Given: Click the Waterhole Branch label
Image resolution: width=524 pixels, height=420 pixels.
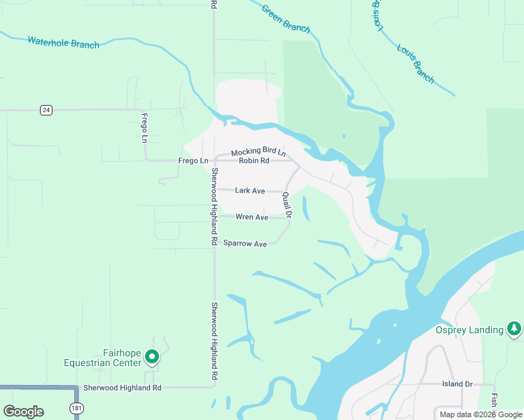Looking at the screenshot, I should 63,43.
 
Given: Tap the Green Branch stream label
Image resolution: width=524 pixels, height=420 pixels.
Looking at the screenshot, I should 285,18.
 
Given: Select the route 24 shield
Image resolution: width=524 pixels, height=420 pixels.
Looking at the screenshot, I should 46,110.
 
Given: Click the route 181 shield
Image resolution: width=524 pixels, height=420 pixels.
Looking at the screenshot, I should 76,408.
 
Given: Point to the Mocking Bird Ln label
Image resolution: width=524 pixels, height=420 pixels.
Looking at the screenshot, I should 258,151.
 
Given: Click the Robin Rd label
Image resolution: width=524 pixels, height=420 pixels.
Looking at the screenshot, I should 254,160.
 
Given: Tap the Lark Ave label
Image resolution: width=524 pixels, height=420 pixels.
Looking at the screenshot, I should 249,190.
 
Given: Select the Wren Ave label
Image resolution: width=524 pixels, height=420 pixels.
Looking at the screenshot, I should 251,217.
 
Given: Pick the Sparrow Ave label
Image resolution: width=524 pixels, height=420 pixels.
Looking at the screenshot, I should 245,244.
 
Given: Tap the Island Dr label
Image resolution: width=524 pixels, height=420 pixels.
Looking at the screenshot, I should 457,384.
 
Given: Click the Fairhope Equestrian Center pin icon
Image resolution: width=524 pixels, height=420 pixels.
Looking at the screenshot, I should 152,358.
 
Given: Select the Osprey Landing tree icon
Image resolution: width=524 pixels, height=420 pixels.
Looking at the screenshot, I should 515,328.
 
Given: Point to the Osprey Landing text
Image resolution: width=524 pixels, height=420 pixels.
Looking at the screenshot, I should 469,330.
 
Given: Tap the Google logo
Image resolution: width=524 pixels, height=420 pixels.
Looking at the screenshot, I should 23,412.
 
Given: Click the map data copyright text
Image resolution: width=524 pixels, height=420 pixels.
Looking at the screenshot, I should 480,414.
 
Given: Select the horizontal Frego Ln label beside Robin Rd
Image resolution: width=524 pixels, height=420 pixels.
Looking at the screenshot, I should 193,160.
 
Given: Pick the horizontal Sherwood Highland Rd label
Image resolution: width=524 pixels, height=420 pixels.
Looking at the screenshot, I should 122,387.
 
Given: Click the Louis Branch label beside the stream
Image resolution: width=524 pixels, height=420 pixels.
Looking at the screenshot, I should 415,64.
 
